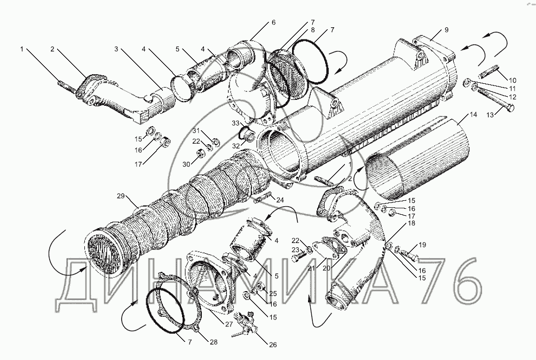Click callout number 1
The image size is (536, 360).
pos(22,49)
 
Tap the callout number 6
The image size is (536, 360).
pos(273,22)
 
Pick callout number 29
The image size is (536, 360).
pos(121,197)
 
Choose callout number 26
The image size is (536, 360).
pos(273,345)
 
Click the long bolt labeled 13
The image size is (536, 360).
pos(491,104)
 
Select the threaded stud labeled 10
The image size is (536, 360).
pos(489,71)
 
